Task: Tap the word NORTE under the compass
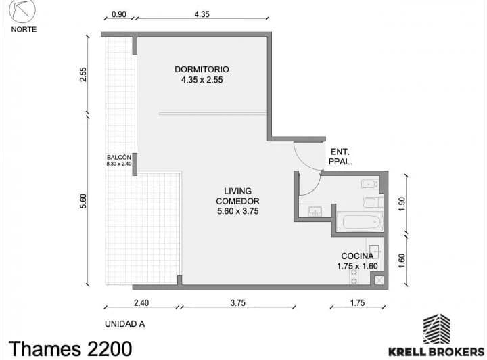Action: click(x=24, y=30)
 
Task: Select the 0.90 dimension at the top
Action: click(x=119, y=14)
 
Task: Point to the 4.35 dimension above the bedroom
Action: click(x=202, y=14)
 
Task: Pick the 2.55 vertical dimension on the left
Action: click(x=83, y=74)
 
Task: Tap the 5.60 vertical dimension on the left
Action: click(x=83, y=201)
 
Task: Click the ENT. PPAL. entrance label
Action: click(x=340, y=156)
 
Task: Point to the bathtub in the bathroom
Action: click(x=360, y=222)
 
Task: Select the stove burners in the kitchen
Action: click(x=354, y=277)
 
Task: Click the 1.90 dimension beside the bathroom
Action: click(x=402, y=204)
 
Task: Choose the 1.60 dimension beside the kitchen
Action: click(x=402, y=261)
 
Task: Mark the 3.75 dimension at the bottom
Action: click(x=238, y=302)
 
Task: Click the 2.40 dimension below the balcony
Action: click(x=141, y=302)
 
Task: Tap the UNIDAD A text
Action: click(x=124, y=324)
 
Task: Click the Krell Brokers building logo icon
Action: click(x=437, y=330)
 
